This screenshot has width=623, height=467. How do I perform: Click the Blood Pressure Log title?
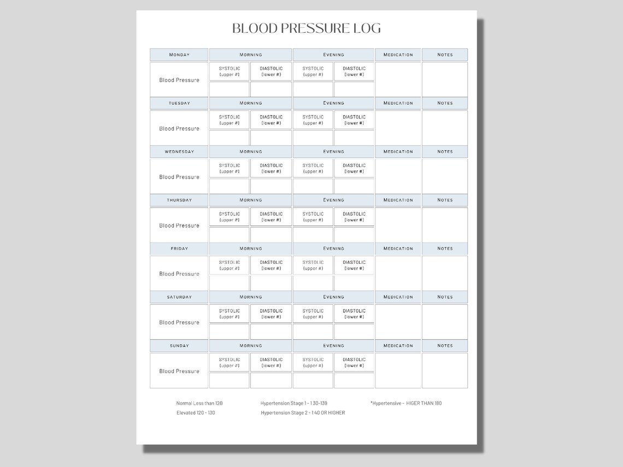[x=307, y=28]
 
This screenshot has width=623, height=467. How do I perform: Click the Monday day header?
[x=179, y=55]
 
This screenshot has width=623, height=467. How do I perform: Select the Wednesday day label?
[x=179, y=152]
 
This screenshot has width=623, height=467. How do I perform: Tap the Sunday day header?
[x=179, y=346]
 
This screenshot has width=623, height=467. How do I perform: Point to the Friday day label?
[x=179, y=249]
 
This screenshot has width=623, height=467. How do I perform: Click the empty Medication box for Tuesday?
[x=398, y=128]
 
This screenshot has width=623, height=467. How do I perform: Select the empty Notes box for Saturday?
[x=445, y=322]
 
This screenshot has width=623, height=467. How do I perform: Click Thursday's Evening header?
[x=333, y=200]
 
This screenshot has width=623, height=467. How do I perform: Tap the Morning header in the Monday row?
[x=251, y=55]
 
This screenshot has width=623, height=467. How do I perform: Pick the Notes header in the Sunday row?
[x=445, y=346]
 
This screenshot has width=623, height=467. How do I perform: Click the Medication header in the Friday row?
[x=398, y=249]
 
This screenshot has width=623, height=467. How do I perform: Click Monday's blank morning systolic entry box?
[x=230, y=89]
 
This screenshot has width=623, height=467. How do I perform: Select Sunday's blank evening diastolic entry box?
[x=354, y=380]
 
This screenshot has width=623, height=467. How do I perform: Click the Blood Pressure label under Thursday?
[x=179, y=226]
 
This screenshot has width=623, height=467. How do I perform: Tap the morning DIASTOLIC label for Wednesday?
[x=271, y=168]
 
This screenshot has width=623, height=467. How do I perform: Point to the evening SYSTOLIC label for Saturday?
[x=313, y=314]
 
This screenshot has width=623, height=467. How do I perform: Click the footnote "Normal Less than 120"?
[x=199, y=403]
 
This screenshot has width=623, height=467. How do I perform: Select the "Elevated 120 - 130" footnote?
[x=196, y=413]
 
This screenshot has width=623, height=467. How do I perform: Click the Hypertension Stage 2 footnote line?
[x=303, y=413]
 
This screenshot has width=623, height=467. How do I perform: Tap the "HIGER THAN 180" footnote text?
[x=424, y=403]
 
